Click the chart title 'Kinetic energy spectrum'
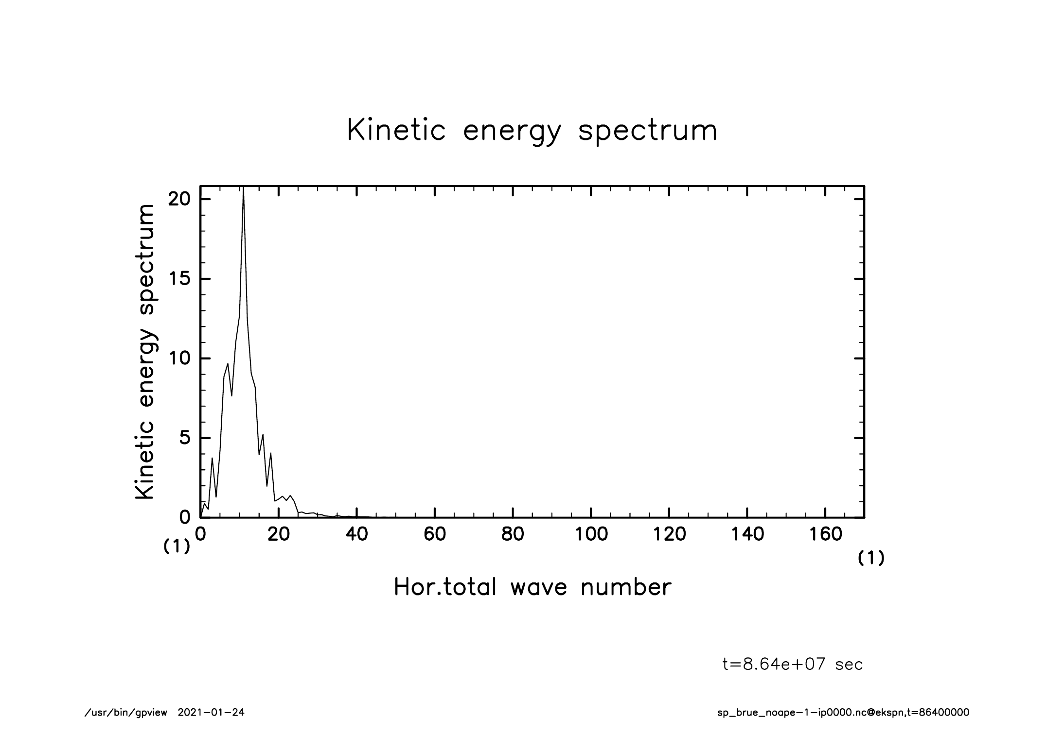coord(532,131)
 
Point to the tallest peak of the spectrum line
coord(243,189)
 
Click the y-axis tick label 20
coord(178,200)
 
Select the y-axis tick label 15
coord(178,279)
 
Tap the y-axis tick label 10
coord(178,359)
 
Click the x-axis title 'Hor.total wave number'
coord(532,587)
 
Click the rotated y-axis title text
coord(145,352)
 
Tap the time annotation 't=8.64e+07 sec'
coord(793,665)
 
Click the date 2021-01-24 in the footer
coord(211,713)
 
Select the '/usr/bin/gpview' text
coord(126,713)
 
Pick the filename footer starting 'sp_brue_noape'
coord(843,713)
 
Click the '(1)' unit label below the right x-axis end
coord(871,559)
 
